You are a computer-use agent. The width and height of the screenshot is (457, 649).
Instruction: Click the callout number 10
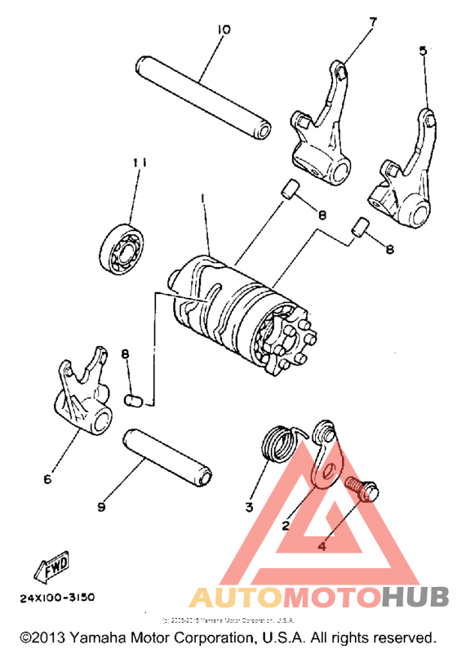(x=223, y=29)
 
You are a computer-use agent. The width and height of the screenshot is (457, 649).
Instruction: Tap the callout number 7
(x=373, y=22)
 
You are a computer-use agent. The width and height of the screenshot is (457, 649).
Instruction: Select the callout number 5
(x=422, y=50)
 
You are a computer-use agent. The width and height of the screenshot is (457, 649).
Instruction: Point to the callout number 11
(x=140, y=163)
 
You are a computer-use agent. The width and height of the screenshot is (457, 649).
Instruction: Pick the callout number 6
(x=47, y=479)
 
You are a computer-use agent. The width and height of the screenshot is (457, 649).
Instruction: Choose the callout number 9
(x=101, y=507)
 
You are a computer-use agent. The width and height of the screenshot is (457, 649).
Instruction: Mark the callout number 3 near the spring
(x=249, y=506)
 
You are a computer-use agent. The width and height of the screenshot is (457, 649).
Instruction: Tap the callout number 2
(x=286, y=526)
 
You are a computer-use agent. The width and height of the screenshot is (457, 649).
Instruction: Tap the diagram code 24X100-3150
(x=57, y=597)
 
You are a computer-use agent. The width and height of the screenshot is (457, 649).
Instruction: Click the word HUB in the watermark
(x=412, y=597)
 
